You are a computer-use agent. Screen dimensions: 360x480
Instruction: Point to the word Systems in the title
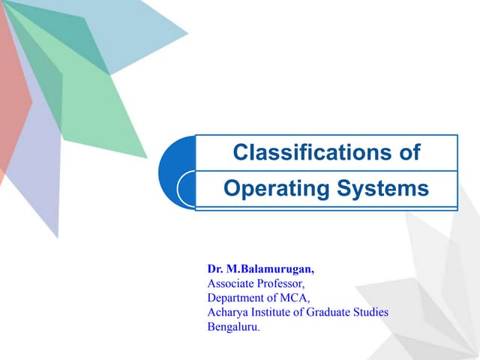pos(382,188)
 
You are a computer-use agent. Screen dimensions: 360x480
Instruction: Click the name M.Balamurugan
pos(262,268)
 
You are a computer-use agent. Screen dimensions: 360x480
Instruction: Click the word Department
pos(236,298)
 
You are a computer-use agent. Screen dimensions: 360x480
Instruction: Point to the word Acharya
pos(226,312)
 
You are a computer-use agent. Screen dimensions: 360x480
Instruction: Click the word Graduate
pos(328,312)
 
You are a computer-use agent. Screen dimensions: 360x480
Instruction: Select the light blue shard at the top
pos(142,30)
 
